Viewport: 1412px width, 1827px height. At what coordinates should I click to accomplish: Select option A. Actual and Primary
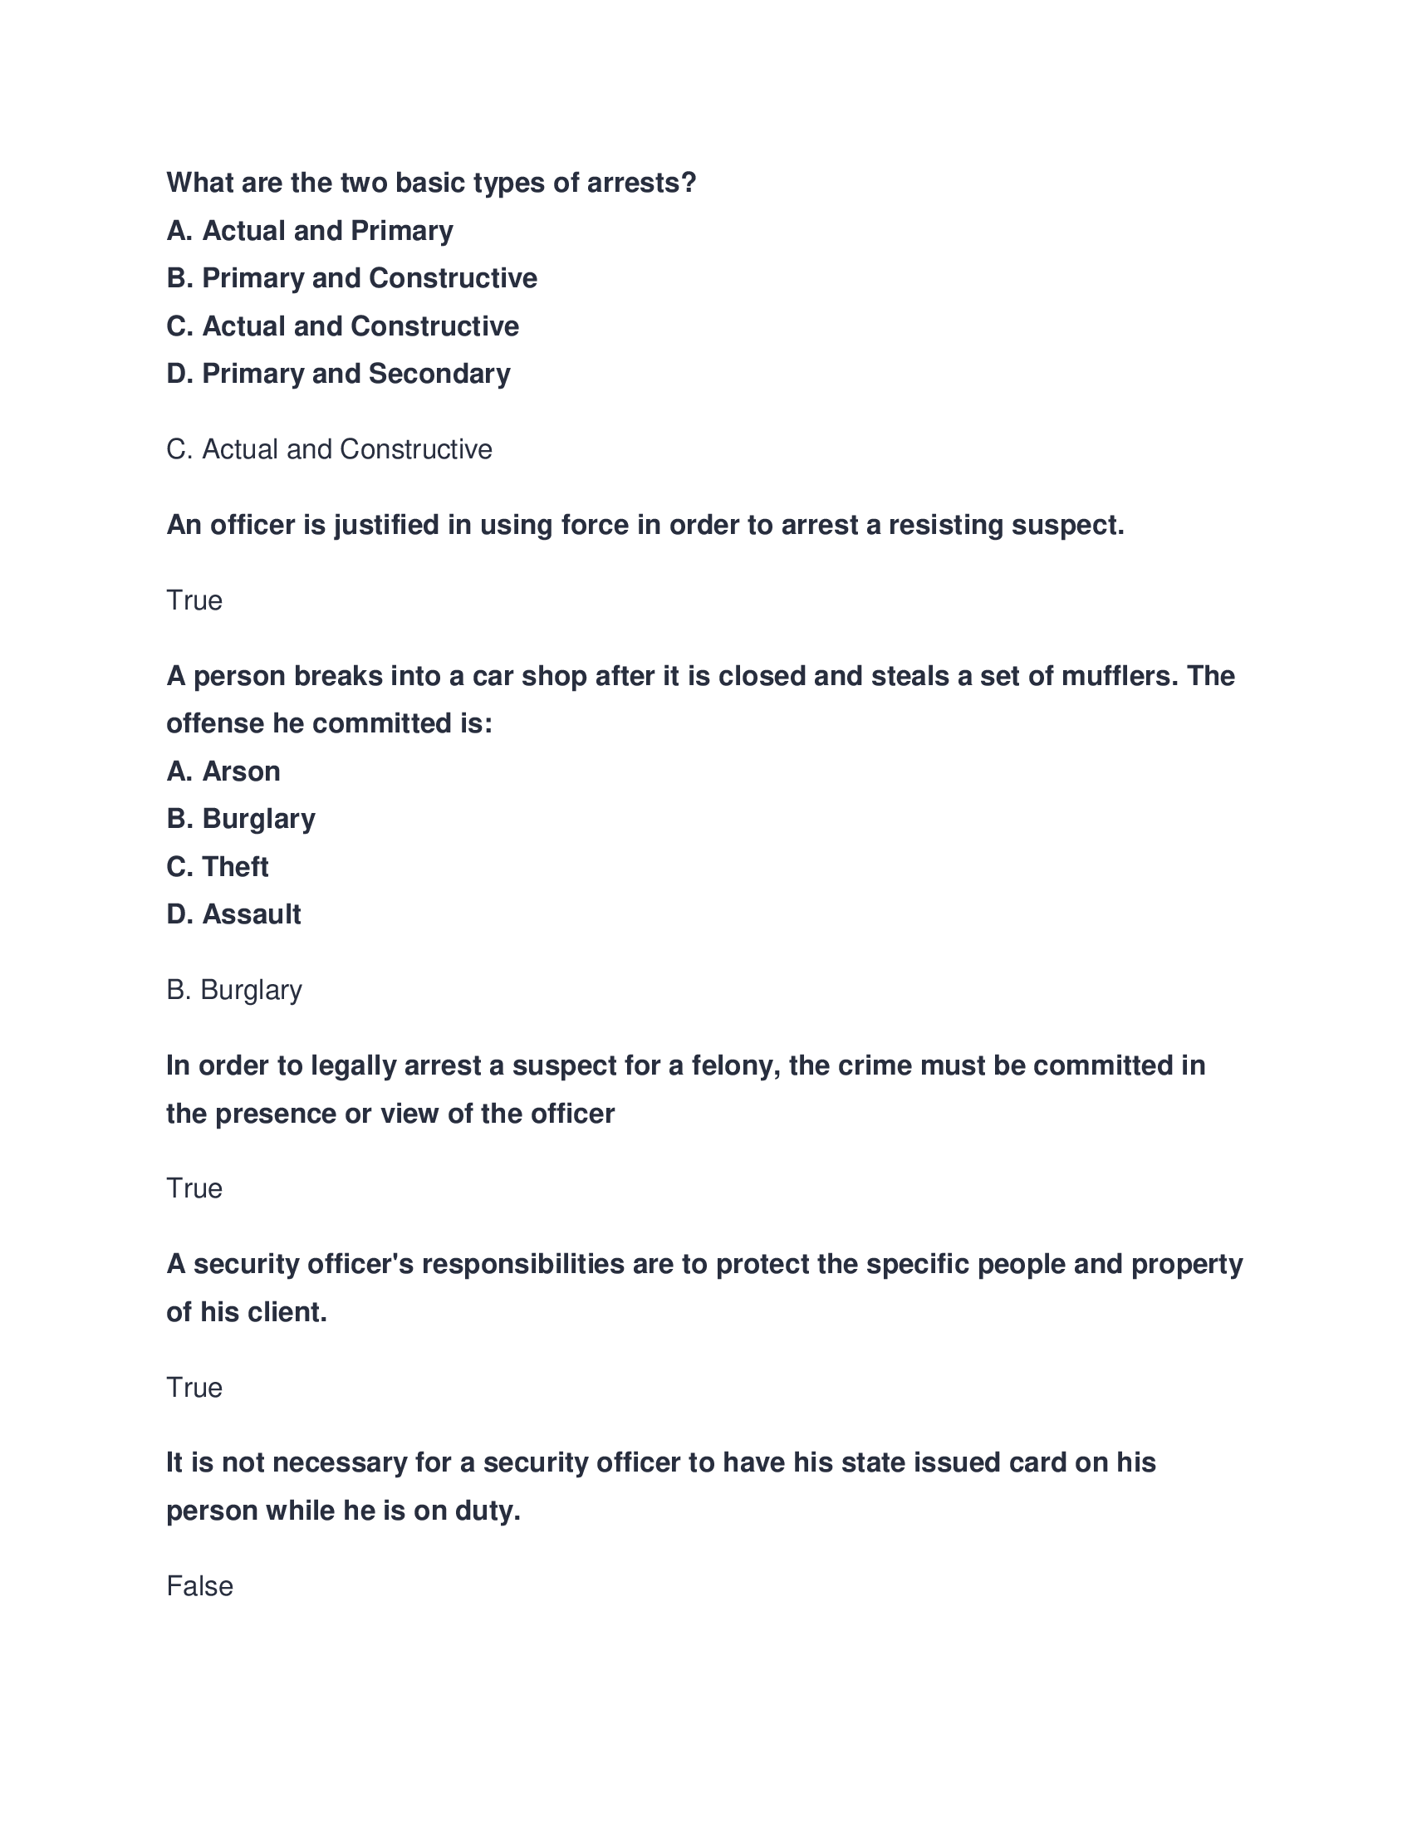click(x=310, y=231)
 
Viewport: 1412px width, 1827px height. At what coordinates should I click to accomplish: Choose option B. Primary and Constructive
click(x=351, y=278)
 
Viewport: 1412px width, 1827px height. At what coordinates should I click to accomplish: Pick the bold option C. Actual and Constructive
click(x=342, y=326)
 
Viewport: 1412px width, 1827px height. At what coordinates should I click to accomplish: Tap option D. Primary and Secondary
click(x=338, y=374)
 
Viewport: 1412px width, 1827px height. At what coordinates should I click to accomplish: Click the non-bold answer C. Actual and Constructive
click(x=329, y=450)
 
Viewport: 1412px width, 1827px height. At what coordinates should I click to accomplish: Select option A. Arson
click(x=223, y=771)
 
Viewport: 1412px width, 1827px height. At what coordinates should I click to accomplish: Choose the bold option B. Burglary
click(x=241, y=819)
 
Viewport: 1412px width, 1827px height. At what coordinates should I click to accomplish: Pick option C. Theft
click(x=218, y=868)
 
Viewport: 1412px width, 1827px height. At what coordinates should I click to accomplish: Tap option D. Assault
click(x=233, y=915)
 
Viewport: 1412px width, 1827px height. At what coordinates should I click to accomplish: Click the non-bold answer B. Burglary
click(x=234, y=991)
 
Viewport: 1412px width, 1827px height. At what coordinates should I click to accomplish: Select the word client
click(x=292, y=1312)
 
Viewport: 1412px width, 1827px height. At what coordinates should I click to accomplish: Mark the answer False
click(x=199, y=1587)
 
